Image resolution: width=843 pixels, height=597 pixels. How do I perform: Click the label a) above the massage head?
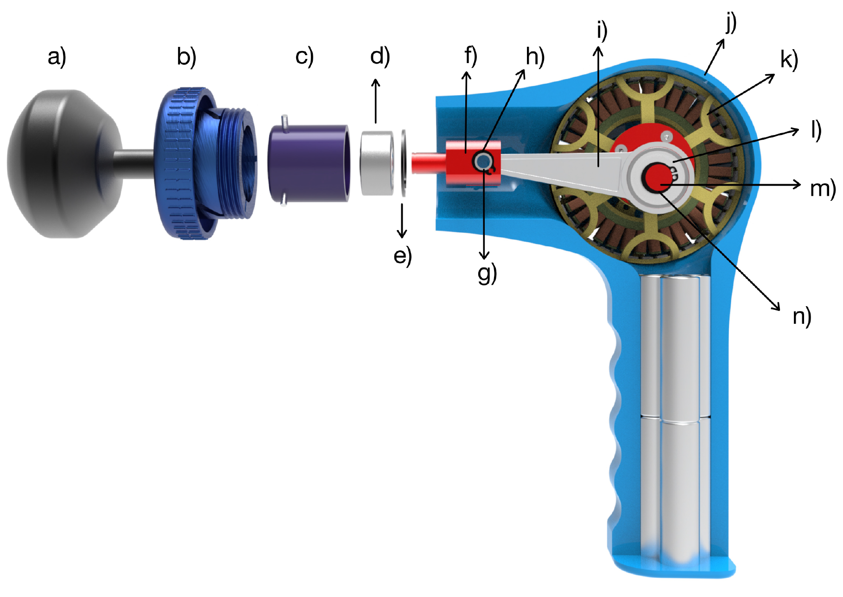point(57,58)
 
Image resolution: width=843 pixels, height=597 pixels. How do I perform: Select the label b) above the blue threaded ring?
point(187,57)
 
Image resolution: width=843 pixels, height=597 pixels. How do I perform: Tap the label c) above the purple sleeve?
point(304,57)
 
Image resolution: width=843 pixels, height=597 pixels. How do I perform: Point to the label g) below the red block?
point(487,274)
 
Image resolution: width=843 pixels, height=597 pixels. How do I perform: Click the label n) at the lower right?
point(802,317)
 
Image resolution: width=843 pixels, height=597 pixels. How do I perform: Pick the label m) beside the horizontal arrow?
point(823,189)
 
